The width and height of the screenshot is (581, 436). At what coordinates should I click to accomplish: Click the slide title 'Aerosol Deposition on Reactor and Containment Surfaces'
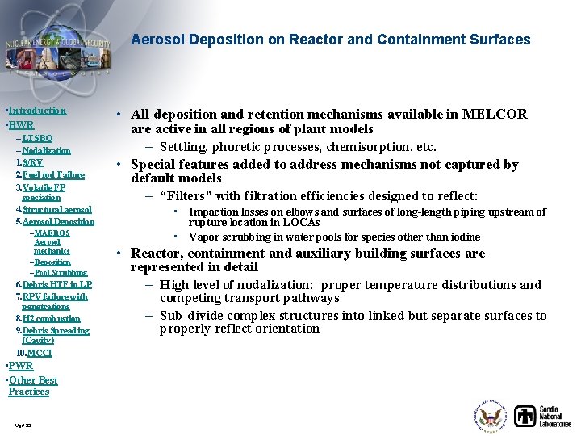click(330, 40)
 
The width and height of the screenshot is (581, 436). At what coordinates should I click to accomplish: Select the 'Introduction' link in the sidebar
click(37, 111)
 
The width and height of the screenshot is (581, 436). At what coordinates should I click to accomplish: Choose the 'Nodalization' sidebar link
click(46, 150)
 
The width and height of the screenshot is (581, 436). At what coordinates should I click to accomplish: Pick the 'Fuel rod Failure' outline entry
click(53, 174)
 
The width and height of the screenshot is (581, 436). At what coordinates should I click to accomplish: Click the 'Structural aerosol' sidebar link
click(56, 209)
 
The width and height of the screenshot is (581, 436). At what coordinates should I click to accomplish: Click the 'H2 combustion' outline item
click(51, 318)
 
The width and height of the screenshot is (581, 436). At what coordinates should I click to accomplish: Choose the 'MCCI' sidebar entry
click(39, 353)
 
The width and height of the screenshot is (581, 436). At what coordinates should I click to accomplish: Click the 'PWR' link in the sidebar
click(21, 366)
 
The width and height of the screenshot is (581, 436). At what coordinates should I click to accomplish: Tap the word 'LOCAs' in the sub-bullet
click(303, 222)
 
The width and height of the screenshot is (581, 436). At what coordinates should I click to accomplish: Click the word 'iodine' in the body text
click(463, 237)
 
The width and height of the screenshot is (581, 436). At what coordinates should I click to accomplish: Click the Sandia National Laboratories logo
click(542, 415)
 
